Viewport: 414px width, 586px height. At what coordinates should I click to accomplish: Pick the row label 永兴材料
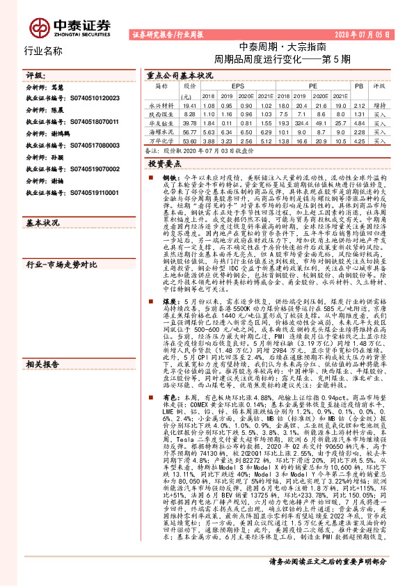coord(161,104)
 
